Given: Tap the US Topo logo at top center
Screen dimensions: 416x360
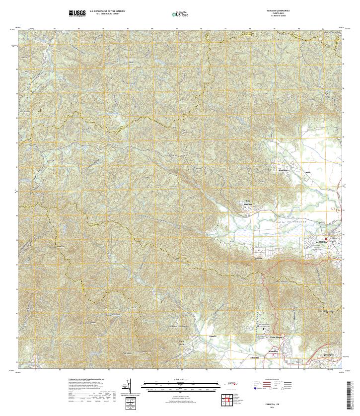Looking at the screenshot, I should [180, 14].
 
